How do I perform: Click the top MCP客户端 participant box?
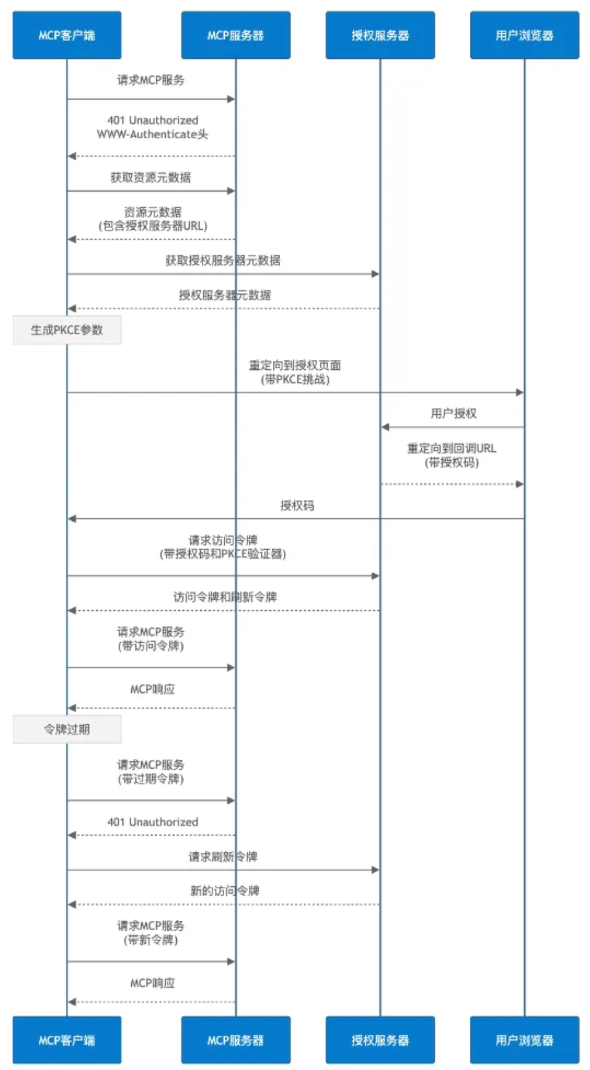pyautogui.click(x=67, y=35)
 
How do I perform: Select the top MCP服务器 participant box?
pyautogui.click(x=235, y=35)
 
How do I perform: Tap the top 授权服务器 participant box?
pyautogui.click(x=380, y=35)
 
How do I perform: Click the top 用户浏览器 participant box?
pyautogui.click(x=524, y=35)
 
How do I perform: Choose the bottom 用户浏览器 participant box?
pyautogui.click(x=524, y=1040)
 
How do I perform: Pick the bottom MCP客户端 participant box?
pyautogui.click(x=67, y=1040)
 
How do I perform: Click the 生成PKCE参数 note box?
pyautogui.click(x=67, y=330)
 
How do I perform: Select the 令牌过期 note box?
pyautogui.click(x=67, y=729)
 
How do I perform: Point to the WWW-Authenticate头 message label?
pyautogui.click(x=152, y=134)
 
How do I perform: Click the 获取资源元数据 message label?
pyautogui.click(x=150, y=178)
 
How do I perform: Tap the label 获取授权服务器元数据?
pyautogui.click(x=222, y=260)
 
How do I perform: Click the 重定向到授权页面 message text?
pyautogui.click(x=294, y=365)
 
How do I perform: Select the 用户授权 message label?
pyautogui.click(x=453, y=413)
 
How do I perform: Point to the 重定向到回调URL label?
pyautogui.click(x=451, y=448)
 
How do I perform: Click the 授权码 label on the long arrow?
pyautogui.click(x=297, y=505)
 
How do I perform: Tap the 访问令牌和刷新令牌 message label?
pyautogui.click(x=225, y=597)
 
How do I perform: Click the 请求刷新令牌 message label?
pyautogui.click(x=222, y=856)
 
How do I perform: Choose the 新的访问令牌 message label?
pyautogui.click(x=224, y=891)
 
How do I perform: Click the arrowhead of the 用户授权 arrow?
pyautogui.click(x=386, y=427)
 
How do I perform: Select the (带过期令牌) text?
pyautogui.click(x=150, y=778)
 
